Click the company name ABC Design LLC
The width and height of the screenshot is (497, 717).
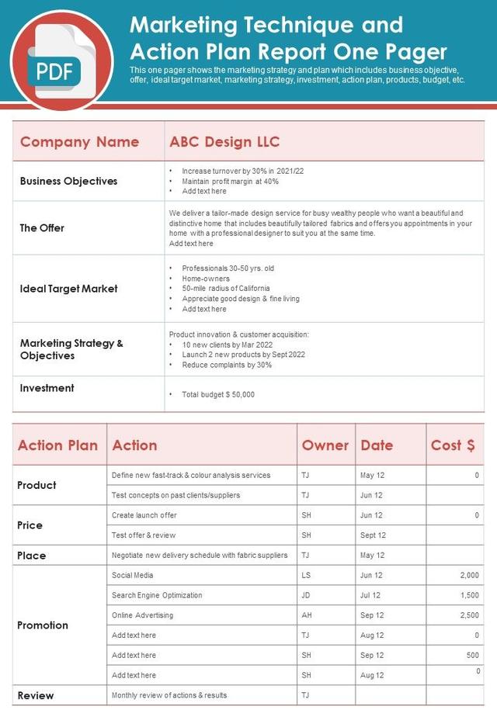tap(224, 142)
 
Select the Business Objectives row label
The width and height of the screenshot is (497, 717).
tap(68, 181)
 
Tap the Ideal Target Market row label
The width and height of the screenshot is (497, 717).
tap(68, 289)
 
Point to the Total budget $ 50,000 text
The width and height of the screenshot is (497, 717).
tap(217, 394)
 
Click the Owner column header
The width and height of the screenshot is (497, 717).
tap(325, 445)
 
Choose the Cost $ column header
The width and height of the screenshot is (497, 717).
tap(453, 445)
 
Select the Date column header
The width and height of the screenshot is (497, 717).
tap(377, 445)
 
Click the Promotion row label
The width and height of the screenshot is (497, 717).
tap(43, 625)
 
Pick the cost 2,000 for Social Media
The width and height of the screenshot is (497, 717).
tap(468, 575)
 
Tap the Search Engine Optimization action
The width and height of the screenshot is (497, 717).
tap(157, 595)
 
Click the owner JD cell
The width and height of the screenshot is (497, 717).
tap(306, 595)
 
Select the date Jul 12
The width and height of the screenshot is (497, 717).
tap(370, 595)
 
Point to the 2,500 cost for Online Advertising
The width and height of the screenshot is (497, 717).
tap(468, 615)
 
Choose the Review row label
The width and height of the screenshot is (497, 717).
tap(36, 695)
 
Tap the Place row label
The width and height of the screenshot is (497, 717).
tap(32, 555)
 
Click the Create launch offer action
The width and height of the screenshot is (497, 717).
tap(144, 515)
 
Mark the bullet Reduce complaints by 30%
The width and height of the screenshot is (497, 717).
tap(227, 365)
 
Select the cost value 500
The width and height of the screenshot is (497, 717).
tap(472, 655)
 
